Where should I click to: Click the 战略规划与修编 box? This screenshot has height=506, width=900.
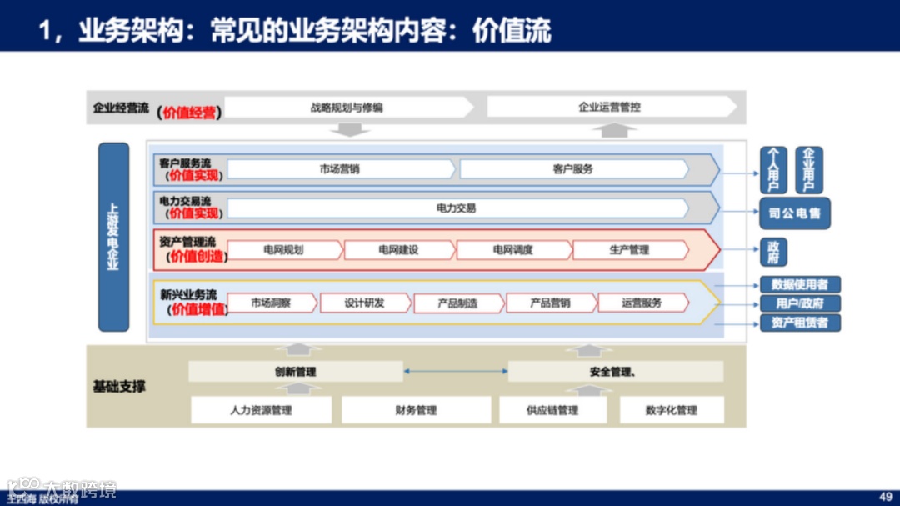point(347,107)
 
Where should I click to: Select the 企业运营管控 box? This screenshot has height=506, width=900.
point(610,107)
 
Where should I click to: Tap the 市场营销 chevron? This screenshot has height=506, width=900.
point(340,169)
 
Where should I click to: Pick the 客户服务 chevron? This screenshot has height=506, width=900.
point(573,169)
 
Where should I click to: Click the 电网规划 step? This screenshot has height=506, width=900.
point(283,250)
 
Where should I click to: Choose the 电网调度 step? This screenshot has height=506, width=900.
point(512,250)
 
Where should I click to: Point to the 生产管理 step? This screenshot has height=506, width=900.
point(629,250)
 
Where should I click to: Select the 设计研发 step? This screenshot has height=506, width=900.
point(365,303)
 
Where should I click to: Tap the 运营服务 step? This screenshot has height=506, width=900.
point(642,303)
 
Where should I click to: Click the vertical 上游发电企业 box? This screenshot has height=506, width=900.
point(113,237)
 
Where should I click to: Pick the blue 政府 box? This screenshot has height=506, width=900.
point(773,252)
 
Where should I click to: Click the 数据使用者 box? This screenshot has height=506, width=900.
point(800,285)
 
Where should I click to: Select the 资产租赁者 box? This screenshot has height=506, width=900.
point(800,323)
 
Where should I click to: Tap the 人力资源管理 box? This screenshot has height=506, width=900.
point(261,410)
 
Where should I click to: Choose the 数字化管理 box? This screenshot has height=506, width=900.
point(671,410)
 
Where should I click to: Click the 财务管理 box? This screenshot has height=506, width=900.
point(416,410)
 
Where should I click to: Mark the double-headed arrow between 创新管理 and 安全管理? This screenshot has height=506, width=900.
point(456,372)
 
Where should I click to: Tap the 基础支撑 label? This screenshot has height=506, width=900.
point(119,387)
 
